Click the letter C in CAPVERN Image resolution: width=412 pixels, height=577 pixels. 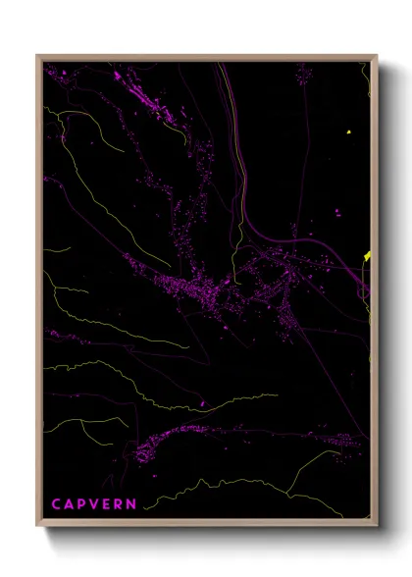[56, 503]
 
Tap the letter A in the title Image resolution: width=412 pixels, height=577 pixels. [70, 503]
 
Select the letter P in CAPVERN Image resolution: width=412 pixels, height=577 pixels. [83, 503]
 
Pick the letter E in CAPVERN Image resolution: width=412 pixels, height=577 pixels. [108, 503]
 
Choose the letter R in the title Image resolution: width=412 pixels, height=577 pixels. [120, 503]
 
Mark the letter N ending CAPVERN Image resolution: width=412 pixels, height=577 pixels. [132, 503]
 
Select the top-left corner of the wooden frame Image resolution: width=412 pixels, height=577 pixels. [37, 56]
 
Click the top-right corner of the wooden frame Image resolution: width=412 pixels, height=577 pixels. [378, 56]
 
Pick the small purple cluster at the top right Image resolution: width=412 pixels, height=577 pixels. [304, 74]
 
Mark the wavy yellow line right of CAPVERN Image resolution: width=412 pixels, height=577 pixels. [226, 486]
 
